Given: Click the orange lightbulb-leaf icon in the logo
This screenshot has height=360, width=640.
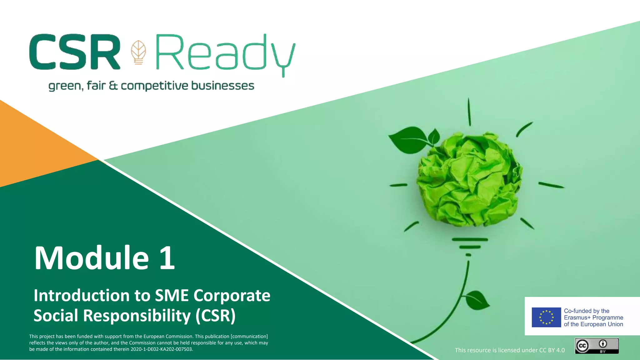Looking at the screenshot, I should [x=138, y=52].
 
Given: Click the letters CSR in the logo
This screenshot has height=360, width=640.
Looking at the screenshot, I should [x=75, y=52].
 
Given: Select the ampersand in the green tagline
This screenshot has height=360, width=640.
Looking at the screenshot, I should [x=113, y=86].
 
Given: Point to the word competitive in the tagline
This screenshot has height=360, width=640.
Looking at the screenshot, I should [x=154, y=86].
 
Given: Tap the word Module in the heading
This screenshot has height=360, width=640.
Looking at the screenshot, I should [x=92, y=258].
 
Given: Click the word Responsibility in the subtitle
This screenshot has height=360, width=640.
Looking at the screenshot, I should [x=137, y=316].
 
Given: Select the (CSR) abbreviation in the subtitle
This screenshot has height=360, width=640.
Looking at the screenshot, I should [x=215, y=316].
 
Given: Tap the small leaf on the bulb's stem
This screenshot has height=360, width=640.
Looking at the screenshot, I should [x=477, y=300].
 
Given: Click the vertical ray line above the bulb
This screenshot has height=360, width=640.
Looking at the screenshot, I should [x=469, y=112].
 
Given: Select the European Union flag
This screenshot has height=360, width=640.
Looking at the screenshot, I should [x=546, y=317].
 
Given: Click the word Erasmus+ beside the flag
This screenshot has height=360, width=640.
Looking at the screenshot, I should [x=577, y=317].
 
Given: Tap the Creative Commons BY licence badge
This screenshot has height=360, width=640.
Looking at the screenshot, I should [x=597, y=346].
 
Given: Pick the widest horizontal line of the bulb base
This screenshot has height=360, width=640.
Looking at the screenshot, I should [x=470, y=240].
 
